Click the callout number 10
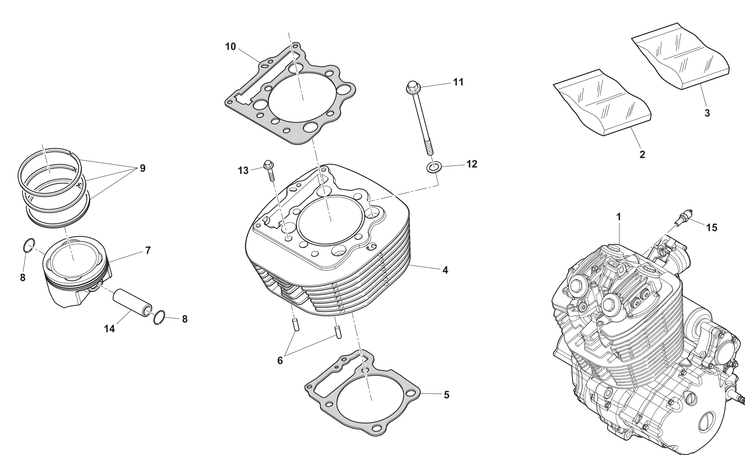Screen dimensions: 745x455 [x=230, y=47]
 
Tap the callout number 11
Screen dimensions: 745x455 [x=458, y=82]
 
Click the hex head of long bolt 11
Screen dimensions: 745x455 [x=412, y=87]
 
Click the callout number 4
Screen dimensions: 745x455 [x=445, y=270]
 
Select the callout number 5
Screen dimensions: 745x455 [x=447, y=395]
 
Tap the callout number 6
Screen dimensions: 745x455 [x=280, y=361]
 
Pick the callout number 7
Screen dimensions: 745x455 [x=148, y=250]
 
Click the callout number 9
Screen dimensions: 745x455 [x=143, y=168]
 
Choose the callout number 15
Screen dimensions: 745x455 [x=712, y=228]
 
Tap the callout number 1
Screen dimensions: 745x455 [x=619, y=217]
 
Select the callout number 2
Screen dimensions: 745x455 [x=642, y=155]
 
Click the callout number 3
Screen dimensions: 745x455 [x=707, y=113]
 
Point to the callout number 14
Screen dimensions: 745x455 [x=110, y=329]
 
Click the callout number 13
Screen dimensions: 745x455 [x=243, y=171]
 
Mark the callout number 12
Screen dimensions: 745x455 [x=472, y=164]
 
